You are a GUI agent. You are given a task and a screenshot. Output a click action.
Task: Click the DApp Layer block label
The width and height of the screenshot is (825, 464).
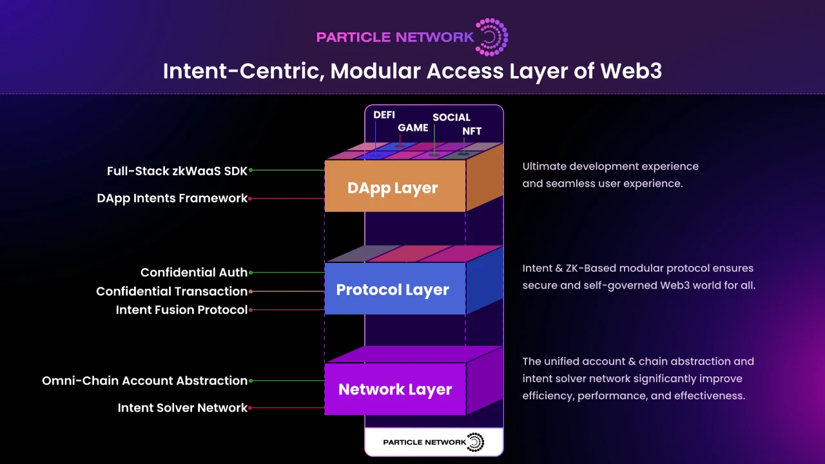393,188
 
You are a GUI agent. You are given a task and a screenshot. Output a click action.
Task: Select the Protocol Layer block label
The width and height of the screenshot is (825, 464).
393,289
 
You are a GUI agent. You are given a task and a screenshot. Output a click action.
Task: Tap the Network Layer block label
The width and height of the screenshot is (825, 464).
395,389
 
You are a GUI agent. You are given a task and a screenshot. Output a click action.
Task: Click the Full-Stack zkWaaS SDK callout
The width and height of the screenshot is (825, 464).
177,171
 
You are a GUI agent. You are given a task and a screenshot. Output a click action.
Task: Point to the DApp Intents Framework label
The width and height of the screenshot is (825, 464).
172,198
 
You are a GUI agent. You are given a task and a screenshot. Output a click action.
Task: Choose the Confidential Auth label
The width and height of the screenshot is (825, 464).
193,273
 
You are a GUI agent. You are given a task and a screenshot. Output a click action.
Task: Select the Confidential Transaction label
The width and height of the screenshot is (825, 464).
171,291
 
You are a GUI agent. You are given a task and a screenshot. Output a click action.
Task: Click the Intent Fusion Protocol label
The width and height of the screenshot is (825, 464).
181,310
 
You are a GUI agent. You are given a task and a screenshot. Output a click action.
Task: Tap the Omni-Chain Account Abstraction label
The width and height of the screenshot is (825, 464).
144,381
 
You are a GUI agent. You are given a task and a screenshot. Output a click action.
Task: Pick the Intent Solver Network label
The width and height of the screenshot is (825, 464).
182,408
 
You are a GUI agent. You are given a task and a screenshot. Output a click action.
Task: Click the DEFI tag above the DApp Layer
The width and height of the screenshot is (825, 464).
384,115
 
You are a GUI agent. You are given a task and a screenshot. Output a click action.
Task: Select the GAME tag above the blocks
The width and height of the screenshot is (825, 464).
412,128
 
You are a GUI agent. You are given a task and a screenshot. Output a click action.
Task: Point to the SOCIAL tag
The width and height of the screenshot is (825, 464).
451,117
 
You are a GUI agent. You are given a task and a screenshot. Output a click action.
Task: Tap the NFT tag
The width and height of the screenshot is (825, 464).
472,131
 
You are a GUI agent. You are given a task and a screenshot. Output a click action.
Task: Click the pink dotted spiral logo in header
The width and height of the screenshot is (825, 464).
492,37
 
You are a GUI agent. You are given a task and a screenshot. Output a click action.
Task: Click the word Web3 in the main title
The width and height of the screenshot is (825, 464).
631,71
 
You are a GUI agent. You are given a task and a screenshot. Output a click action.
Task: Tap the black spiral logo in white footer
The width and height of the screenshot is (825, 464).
475,442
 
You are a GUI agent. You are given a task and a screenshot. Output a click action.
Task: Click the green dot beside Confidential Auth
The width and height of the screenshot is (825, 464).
251,273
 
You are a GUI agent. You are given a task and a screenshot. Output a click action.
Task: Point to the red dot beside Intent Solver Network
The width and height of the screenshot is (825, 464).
251,408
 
